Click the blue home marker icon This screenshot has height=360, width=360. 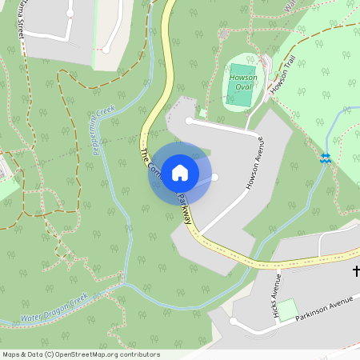click(180, 173)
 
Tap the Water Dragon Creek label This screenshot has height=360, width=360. click(54, 310)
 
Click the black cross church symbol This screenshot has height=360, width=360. click(357, 271)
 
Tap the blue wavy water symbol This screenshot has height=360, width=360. click(326, 158)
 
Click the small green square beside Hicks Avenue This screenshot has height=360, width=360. click(287, 310)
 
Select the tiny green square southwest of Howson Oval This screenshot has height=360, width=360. click(203, 114)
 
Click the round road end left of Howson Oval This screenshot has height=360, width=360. click(189, 121)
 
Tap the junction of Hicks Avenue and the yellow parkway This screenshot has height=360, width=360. click(274, 265)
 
